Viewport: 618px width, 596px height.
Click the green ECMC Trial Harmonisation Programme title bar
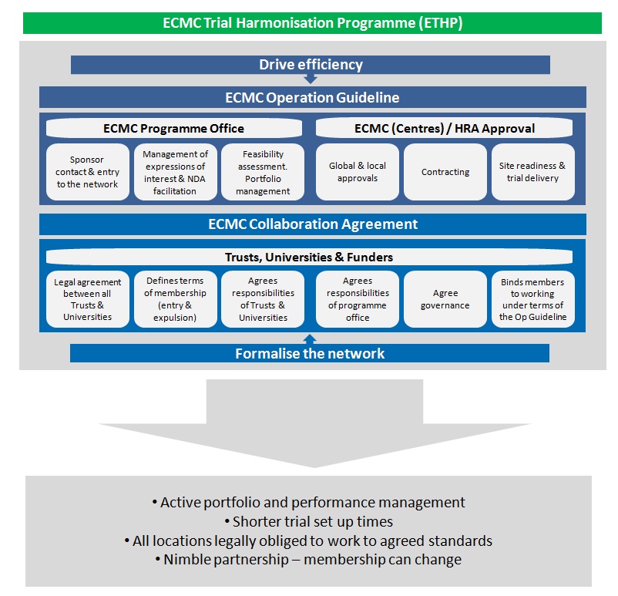312,23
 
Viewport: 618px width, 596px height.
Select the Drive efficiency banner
311,65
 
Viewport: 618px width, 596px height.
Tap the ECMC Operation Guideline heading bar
313,97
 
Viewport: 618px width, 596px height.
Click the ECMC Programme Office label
174,128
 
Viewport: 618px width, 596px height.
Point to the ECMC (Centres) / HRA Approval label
444,128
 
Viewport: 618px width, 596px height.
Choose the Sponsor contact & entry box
88,172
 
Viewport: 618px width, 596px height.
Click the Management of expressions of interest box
176,172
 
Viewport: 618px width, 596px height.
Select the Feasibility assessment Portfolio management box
263,172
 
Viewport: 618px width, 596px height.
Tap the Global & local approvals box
358,172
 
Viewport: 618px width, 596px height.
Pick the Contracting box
445,172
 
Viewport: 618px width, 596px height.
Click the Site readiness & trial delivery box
533,172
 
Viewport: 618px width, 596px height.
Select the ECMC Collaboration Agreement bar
313,224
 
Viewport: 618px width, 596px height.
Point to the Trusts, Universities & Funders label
310,257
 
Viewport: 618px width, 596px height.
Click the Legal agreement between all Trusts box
88,299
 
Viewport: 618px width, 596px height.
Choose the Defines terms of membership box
176,299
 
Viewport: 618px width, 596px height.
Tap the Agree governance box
445,299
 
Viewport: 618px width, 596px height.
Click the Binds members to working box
533,299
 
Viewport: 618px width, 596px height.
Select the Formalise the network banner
310,353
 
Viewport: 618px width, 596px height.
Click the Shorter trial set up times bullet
308,521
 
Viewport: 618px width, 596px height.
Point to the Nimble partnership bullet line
308,559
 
